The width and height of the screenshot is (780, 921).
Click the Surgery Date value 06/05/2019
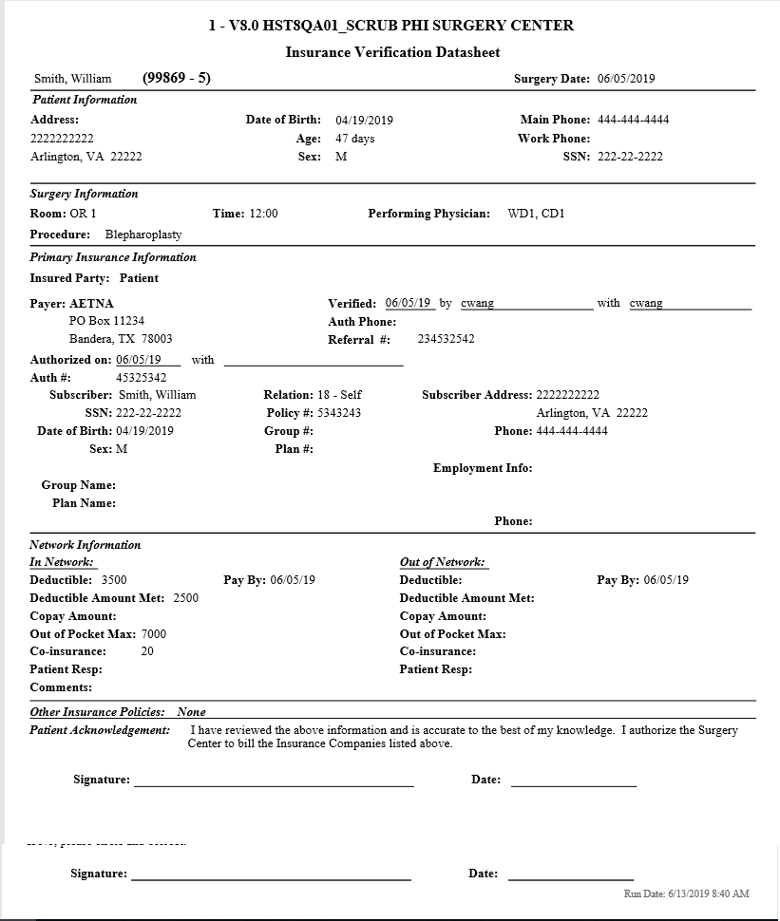pos(626,79)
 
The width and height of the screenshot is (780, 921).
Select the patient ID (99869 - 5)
pos(176,78)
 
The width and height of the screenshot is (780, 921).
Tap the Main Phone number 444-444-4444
pos(633,120)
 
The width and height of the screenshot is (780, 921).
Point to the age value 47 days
pos(355,139)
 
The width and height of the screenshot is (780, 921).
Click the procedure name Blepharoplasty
pos(143,235)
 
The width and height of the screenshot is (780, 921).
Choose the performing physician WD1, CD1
pos(537,214)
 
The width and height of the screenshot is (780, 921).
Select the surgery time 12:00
pos(264,214)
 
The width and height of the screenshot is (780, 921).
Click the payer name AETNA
pos(91,304)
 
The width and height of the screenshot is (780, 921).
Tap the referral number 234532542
pos(447,339)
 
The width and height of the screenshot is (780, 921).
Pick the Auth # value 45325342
pos(142,378)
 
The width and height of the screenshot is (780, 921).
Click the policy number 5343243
pos(339,413)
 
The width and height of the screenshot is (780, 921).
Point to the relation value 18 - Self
pos(339,395)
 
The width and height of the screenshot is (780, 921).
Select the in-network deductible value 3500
pos(114,580)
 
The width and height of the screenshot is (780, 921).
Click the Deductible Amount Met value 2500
pos(186,598)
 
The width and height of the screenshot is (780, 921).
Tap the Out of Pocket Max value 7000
pos(154,634)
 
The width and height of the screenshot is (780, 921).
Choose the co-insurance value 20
pos(147,652)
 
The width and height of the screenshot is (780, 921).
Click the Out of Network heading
pos(442,562)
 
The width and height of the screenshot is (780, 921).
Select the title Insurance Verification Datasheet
pos(392,52)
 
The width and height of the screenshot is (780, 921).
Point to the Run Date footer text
pos(686,894)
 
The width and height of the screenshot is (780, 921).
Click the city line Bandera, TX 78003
pos(121,339)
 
